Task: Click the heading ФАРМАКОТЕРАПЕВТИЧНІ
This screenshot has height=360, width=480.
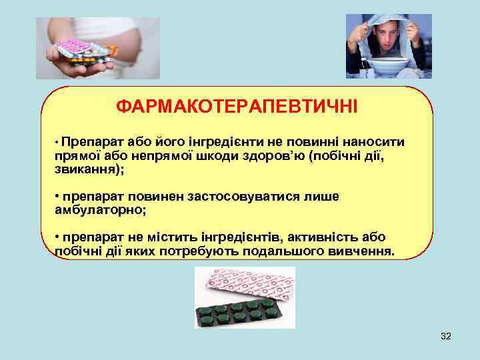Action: pos(237,106)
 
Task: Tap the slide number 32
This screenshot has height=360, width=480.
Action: pos(446,337)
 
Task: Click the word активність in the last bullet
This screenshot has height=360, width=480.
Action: pos(323,238)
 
